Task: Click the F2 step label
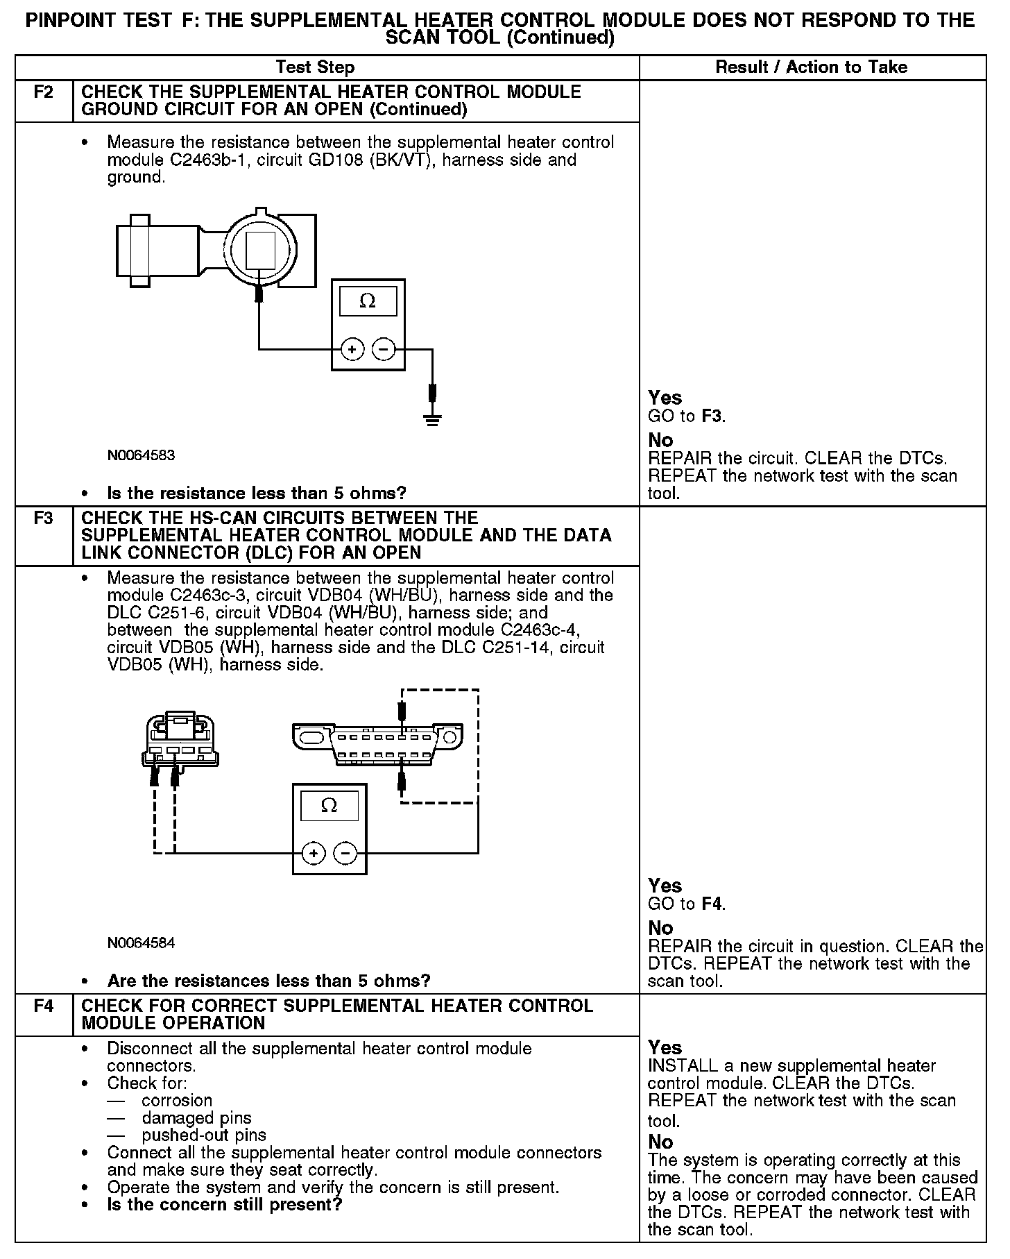pyautogui.click(x=43, y=92)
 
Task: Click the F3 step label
pyautogui.click(x=43, y=518)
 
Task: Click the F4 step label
pyautogui.click(x=43, y=1006)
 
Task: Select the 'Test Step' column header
pyautogui.click(x=315, y=67)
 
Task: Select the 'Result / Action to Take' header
pyautogui.click(x=811, y=67)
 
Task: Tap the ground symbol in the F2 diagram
pyautogui.click(x=433, y=419)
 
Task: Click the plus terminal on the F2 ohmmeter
pyautogui.click(x=352, y=349)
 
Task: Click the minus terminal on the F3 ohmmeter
pyautogui.click(x=345, y=854)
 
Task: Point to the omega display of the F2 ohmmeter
pyautogui.click(x=368, y=302)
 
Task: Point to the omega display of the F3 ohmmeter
pyautogui.click(x=329, y=806)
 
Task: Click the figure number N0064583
pyautogui.click(x=141, y=455)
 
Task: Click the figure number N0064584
pyautogui.click(x=141, y=943)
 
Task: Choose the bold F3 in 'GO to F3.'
pyautogui.click(x=712, y=416)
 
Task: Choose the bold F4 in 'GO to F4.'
pyautogui.click(x=712, y=904)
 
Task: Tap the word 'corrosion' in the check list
pyautogui.click(x=177, y=1101)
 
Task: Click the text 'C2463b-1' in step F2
pyautogui.click(x=197, y=160)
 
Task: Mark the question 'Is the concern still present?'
pyautogui.click(x=225, y=1205)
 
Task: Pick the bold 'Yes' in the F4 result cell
pyautogui.click(x=665, y=1047)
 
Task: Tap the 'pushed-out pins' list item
pyautogui.click(x=204, y=1135)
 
